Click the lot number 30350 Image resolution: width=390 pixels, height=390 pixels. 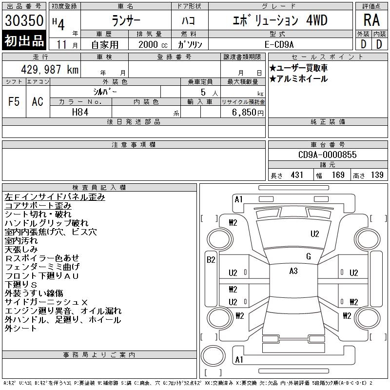(x=24, y=20)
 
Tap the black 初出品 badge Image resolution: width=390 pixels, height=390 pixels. (x=24, y=40)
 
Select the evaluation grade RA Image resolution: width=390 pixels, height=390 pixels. (x=371, y=20)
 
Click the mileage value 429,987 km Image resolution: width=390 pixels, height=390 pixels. (x=50, y=69)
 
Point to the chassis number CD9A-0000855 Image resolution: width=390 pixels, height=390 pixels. (x=327, y=155)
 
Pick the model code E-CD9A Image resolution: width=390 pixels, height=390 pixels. (x=279, y=44)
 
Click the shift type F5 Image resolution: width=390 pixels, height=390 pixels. (x=14, y=102)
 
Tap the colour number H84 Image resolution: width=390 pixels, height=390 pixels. (x=80, y=112)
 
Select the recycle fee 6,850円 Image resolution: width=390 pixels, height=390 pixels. (x=248, y=113)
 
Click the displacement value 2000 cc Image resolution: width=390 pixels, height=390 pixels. (x=153, y=44)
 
